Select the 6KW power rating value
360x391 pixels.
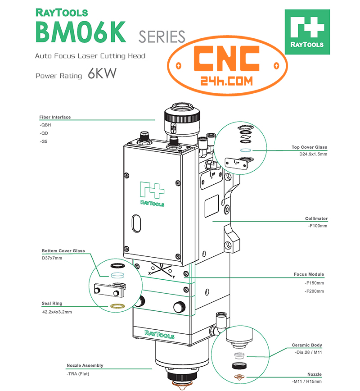click(102, 74)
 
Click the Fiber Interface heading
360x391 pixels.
click(55, 117)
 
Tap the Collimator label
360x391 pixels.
click(316, 219)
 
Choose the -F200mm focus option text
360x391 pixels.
click(314, 291)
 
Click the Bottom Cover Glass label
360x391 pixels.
click(63, 251)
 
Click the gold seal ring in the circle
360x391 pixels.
click(118, 307)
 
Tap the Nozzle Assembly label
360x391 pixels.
click(85, 365)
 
